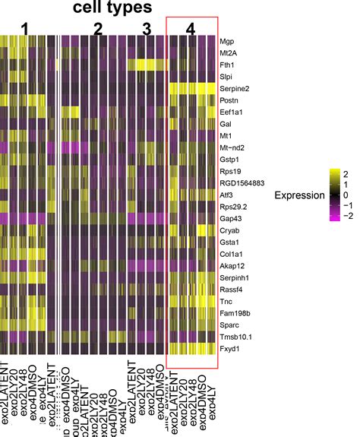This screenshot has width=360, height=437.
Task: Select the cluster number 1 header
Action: [27, 28]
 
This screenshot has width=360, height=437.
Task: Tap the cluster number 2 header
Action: [97, 28]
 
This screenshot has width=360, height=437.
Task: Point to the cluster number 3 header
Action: [147, 28]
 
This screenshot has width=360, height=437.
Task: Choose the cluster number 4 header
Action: [191, 28]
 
